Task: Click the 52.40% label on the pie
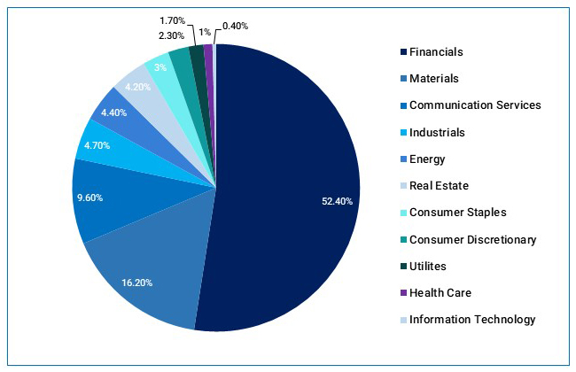pos(337,201)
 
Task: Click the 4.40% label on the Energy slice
pos(115,112)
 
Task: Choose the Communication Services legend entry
pos(475,105)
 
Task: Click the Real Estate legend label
pos(440,186)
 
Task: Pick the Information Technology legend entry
pos(472,320)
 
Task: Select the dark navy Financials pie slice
pos(284,177)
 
